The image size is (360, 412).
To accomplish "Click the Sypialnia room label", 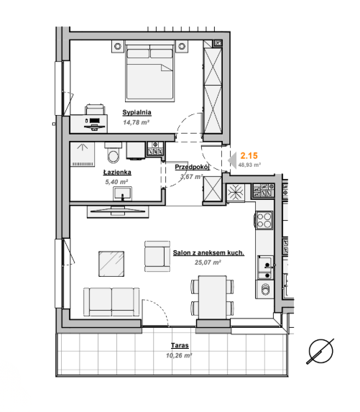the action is click(137, 112).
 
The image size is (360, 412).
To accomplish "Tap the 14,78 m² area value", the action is click(137, 122).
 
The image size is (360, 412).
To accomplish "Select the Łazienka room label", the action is click(117, 173).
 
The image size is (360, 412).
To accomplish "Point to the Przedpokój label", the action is click(192, 167).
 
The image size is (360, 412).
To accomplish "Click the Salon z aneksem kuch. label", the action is click(208, 253).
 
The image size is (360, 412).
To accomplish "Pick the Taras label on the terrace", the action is click(180, 345).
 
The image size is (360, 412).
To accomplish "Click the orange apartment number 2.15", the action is click(249, 156).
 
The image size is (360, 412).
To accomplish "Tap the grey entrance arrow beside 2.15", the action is click(232, 160).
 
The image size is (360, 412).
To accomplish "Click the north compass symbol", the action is click(320, 352).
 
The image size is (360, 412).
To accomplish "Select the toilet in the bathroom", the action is click(114, 153).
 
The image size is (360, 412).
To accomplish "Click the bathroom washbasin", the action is click(123, 193).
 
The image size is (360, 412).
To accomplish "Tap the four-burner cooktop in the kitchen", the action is click(264, 220).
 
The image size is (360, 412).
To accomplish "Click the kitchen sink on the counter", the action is click(265, 267).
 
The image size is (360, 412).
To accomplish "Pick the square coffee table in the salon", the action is click(111, 264).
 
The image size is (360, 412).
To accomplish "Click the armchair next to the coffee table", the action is click(157, 256).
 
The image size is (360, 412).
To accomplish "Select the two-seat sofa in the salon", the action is click(111, 302).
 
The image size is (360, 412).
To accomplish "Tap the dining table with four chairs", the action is click(213, 298).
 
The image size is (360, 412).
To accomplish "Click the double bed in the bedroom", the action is click(150, 71).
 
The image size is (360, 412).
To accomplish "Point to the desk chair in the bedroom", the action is click(95, 109).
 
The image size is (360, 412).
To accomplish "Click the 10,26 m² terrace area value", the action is click(179, 355).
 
